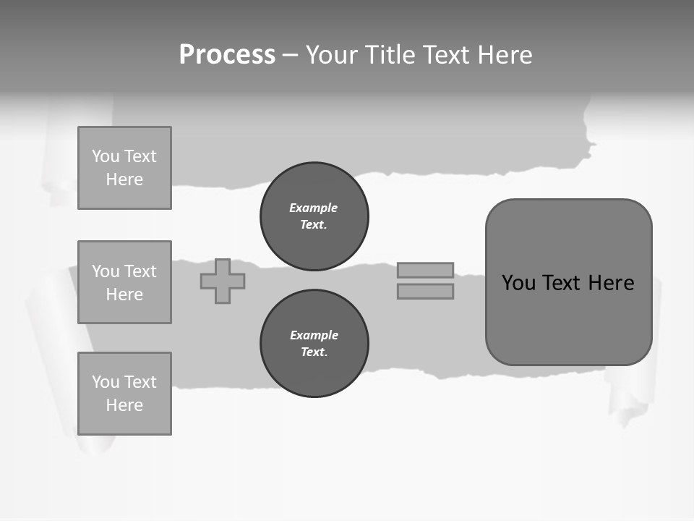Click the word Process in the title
(227, 55)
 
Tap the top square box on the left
(124, 168)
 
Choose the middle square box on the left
(124, 282)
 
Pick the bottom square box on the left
(124, 394)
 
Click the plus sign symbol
(223, 281)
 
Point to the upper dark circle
(314, 216)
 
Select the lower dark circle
(314, 344)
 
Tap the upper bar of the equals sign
(425, 270)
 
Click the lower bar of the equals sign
(425, 291)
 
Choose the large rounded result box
(568, 281)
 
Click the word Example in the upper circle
(313, 208)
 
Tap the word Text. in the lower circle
(314, 352)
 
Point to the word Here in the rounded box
(611, 283)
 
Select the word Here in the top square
(124, 179)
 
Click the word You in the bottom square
(105, 382)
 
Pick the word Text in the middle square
(140, 271)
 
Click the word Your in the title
(333, 55)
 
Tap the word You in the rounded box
(518, 283)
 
